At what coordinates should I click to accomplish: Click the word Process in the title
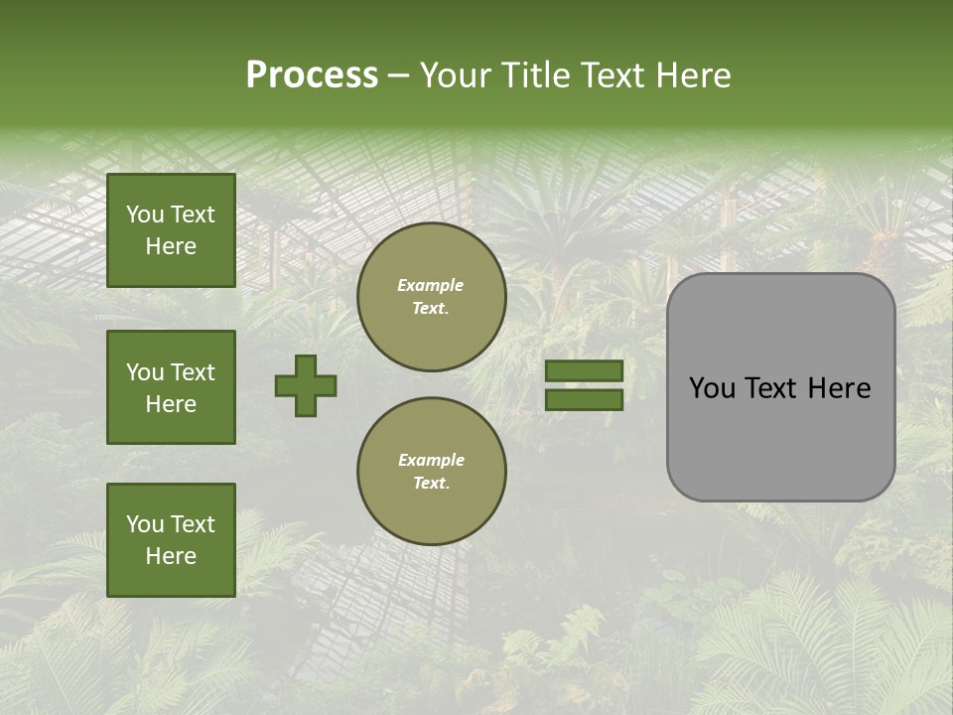pyautogui.click(x=312, y=75)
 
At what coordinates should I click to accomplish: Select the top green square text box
pyautogui.click(x=171, y=230)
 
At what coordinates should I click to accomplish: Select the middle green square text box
pyautogui.click(x=171, y=387)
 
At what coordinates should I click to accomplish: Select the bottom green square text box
pyautogui.click(x=171, y=540)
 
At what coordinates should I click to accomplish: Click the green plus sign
pyautogui.click(x=306, y=385)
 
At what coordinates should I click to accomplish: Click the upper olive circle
pyautogui.click(x=431, y=297)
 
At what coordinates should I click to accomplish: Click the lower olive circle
pyautogui.click(x=431, y=472)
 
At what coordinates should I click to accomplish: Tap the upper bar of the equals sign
pyautogui.click(x=584, y=371)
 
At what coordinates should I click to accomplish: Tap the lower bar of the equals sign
pyautogui.click(x=584, y=400)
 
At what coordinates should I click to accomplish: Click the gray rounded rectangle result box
pyautogui.click(x=780, y=437)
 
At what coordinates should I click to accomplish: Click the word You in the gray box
pyautogui.click(x=712, y=388)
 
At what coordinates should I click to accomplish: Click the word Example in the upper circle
pyautogui.click(x=431, y=286)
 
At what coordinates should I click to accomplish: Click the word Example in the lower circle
pyautogui.click(x=431, y=461)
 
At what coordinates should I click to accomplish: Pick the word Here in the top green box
pyautogui.click(x=171, y=246)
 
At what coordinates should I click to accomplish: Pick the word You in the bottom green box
pyautogui.click(x=145, y=524)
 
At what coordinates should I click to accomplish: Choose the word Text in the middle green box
pyautogui.click(x=192, y=372)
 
